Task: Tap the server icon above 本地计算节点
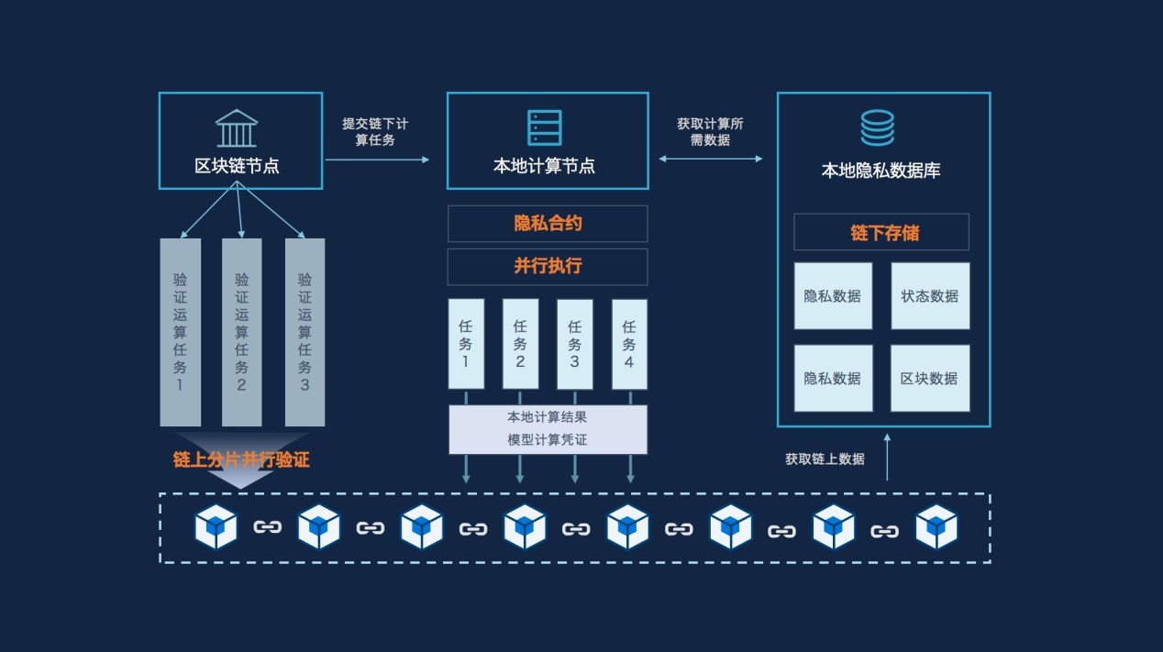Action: pyautogui.click(x=545, y=127)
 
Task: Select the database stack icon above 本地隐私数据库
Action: pyautogui.click(x=877, y=127)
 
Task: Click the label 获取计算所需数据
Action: pyautogui.click(x=711, y=131)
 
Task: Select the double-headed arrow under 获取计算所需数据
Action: pyautogui.click(x=711, y=160)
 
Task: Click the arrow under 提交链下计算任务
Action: pyautogui.click(x=377, y=160)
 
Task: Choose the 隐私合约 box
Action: pyautogui.click(x=548, y=224)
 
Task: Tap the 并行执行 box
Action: pyautogui.click(x=548, y=267)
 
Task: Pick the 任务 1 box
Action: pyautogui.click(x=466, y=343)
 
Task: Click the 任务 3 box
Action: pyautogui.click(x=575, y=343)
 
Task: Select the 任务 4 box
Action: pyautogui.click(x=629, y=343)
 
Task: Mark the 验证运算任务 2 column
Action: pyautogui.click(x=241, y=332)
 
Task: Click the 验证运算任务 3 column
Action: pyautogui.click(x=305, y=332)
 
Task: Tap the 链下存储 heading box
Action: pyautogui.click(x=881, y=232)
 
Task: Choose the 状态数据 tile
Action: pyautogui.click(x=930, y=296)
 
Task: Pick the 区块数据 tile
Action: pyautogui.click(x=930, y=378)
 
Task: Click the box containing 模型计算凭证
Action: pyautogui.click(x=548, y=429)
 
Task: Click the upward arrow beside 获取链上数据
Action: pyautogui.click(x=887, y=465)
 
